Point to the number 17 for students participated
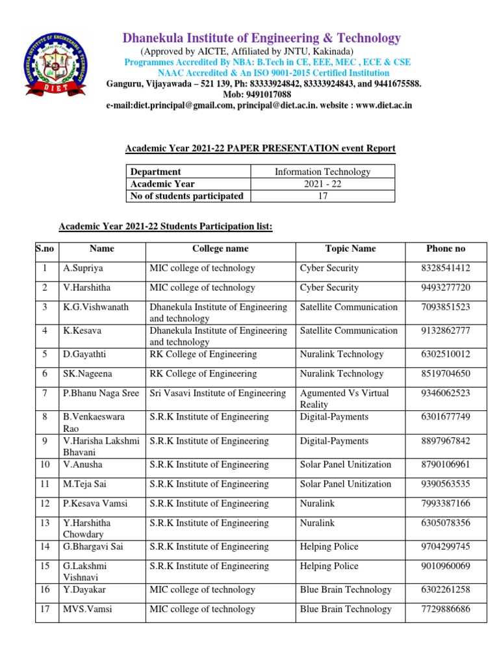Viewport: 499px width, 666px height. tap(322, 196)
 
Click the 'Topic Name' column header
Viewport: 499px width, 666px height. tap(350, 248)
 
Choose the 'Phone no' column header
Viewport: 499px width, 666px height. tap(446, 248)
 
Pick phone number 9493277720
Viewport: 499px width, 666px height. tap(446, 287)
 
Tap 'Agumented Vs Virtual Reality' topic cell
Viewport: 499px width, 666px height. tap(344, 399)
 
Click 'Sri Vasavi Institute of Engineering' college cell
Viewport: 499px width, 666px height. tap(218, 393)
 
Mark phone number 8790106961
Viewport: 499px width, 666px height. tap(446, 464)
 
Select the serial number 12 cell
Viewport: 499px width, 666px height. tap(45, 503)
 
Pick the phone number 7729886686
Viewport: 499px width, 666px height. tap(446, 609)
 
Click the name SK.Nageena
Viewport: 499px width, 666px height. tap(87, 373)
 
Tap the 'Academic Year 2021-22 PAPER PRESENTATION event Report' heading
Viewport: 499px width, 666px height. tap(260, 149)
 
